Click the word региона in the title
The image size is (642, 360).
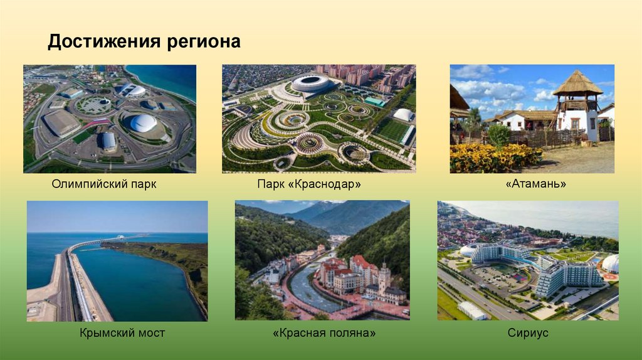pyautogui.click(x=203, y=42)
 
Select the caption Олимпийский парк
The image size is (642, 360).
pyautogui.click(x=104, y=185)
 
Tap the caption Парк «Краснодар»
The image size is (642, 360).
pyautogui.click(x=309, y=185)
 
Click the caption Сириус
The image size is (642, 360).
pyautogui.click(x=528, y=332)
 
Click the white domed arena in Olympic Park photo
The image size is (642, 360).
pyautogui.click(x=143, y=122)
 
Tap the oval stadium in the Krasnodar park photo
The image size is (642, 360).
pyautogui.click(x=311, y=83)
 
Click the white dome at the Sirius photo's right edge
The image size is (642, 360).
pyautogui.click(x=610, y=263)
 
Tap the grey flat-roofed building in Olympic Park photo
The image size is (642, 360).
pyautogui.click(x=61, y=122)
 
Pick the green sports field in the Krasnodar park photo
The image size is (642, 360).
pyautogui.click(x=392, y=130)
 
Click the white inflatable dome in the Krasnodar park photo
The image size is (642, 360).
pyautogui.click(x=404, y=115)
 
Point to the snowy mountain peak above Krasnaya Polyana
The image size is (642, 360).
pyautogui.click(x=323, y=207)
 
